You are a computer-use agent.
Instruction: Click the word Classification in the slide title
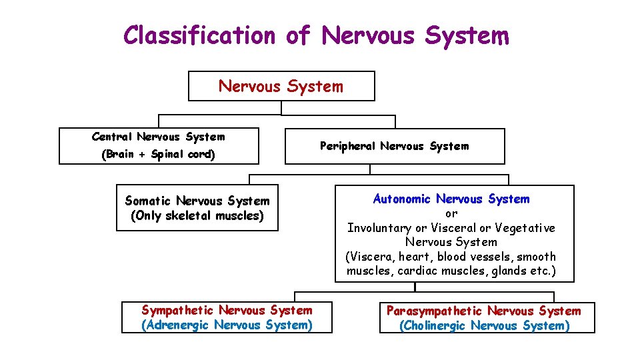(199, 35)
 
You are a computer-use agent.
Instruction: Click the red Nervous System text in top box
(281, 87)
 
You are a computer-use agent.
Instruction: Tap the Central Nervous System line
(158, 137)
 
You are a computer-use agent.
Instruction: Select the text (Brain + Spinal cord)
(158, 155)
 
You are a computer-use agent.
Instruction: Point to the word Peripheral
(347, 146)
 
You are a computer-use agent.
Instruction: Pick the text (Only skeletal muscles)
(197, 215)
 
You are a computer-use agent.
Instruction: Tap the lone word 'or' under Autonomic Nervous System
(451, 213)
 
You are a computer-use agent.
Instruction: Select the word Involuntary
(379, 228)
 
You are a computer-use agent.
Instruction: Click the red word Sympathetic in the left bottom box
(178, 310)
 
